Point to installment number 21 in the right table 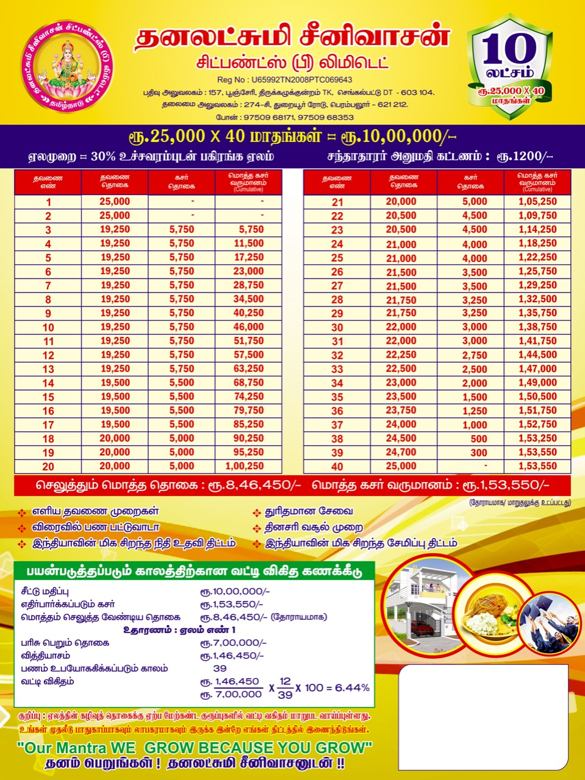click(337, 202)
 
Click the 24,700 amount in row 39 click(401, 452)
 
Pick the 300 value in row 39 click(478, 453)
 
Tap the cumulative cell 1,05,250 click(537, 202)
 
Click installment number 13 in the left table click(48, 369)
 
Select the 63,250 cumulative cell click(248, 369)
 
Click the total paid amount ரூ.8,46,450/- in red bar click(262, 486)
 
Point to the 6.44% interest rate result click(352, 687)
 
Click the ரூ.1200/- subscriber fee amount click(525, 157)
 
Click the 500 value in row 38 click(478, 439)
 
